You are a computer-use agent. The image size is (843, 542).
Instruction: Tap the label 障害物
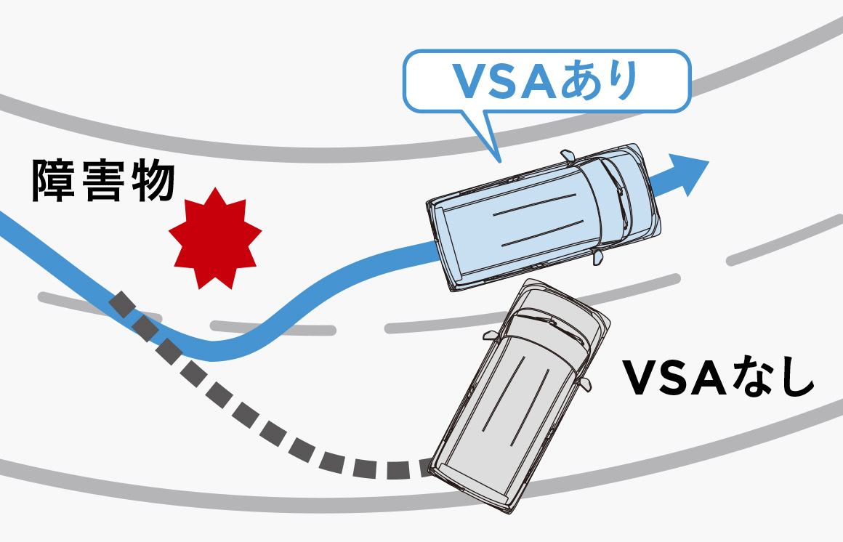tap(103, 181)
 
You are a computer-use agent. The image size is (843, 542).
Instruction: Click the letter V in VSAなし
tap(642, 379)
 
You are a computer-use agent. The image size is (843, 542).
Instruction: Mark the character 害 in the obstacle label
tap(103, 181)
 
